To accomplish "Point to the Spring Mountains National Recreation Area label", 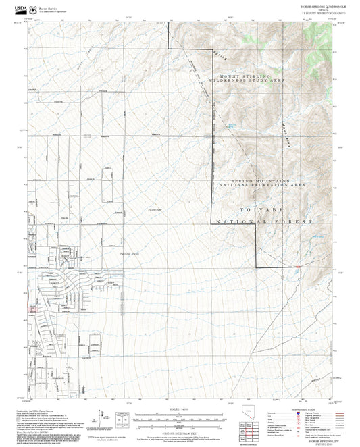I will [x=264, y=183].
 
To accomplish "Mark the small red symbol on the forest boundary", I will [x=298, y=267].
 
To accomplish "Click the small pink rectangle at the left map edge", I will [x=31, y=309].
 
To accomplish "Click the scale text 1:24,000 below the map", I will [x=178, y=409].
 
